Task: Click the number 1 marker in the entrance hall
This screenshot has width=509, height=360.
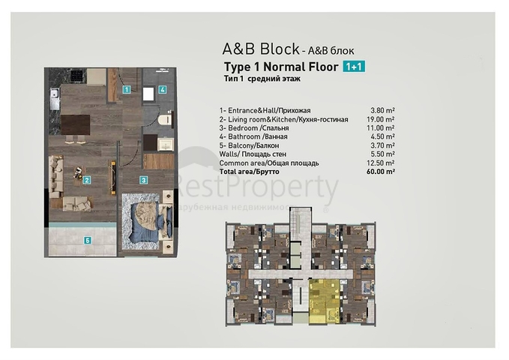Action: coord(127,89)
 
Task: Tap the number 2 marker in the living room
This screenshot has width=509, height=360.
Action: coord(87,180)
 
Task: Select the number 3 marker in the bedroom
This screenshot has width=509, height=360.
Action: coord(143,179)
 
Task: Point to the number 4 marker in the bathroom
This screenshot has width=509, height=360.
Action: coord(163,89)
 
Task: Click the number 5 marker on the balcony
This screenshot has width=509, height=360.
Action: coord(87,241)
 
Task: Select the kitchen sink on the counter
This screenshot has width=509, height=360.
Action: coord(54,97)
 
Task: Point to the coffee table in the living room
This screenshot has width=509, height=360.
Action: coord(77,174)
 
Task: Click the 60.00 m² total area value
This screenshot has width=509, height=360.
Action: coord(382,171)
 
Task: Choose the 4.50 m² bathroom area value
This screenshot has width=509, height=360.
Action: coord(383,136)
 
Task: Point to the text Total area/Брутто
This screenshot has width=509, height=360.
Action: coord(250,171)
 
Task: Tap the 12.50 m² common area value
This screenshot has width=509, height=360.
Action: coord(382,162)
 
